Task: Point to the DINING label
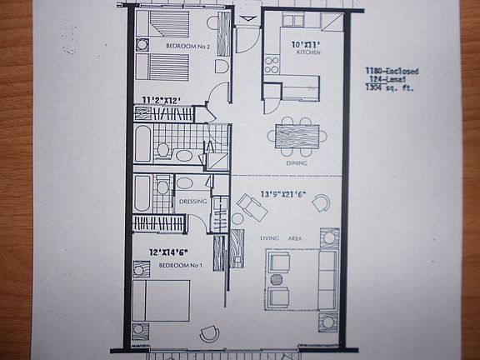pos(296,163)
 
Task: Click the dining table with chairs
pos(296,136)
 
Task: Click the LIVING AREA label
pos(280,239)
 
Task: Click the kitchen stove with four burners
pos(272,64)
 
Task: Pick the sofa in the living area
pos(327,278)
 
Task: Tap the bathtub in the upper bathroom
pos(143,144)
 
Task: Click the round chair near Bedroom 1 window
pos(207,333)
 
